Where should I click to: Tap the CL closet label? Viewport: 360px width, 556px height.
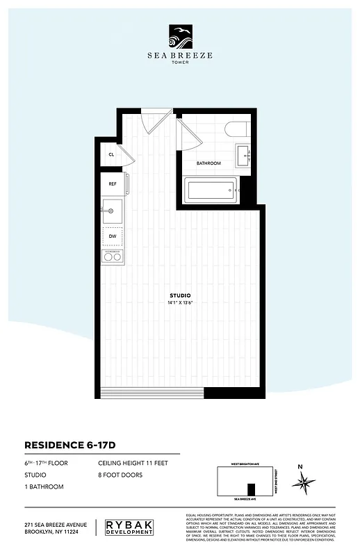(x=111, y=154)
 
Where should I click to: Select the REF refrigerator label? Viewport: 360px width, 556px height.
(x=112, y=184)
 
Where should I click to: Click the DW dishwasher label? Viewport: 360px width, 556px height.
(x=112, y=236)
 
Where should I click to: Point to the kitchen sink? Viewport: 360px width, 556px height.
(x=112, y=209)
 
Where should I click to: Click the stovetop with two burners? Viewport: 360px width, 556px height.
(x=112, y=257)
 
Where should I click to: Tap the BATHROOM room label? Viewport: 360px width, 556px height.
(x=208, y=163)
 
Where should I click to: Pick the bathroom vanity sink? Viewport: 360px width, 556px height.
(x=243, y=155)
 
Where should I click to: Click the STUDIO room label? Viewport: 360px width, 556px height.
(x=180, y=295)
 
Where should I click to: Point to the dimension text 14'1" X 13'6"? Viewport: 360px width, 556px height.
(x=180, y=303)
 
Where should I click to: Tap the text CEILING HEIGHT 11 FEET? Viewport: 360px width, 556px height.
(x=133, y=463)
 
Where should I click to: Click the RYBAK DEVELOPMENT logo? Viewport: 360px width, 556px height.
(x=130, y=527)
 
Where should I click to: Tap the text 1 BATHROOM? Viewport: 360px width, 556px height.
(x=44, y=486)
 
